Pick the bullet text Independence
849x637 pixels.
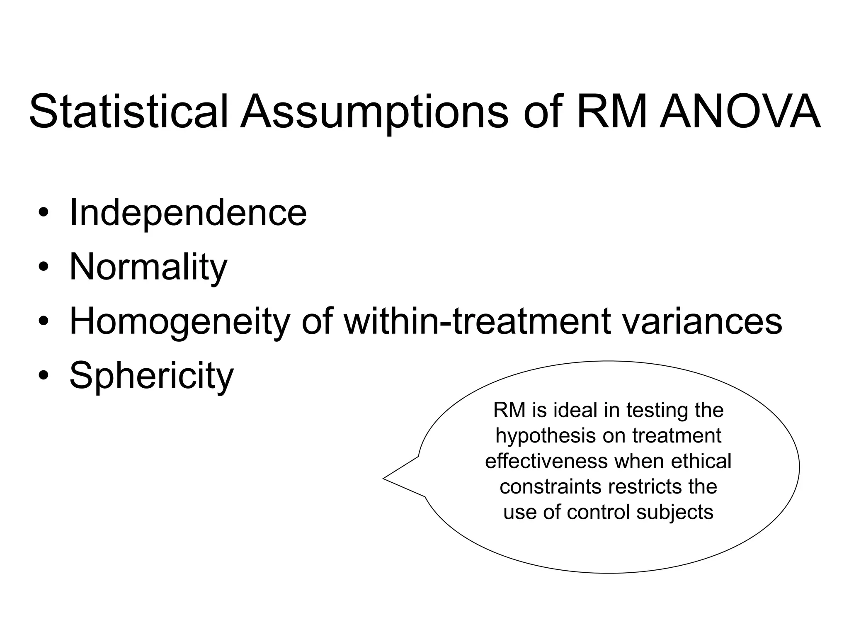click(188, 212)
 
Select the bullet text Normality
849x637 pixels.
click(148, 267)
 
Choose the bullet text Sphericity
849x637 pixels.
click(151, 376)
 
